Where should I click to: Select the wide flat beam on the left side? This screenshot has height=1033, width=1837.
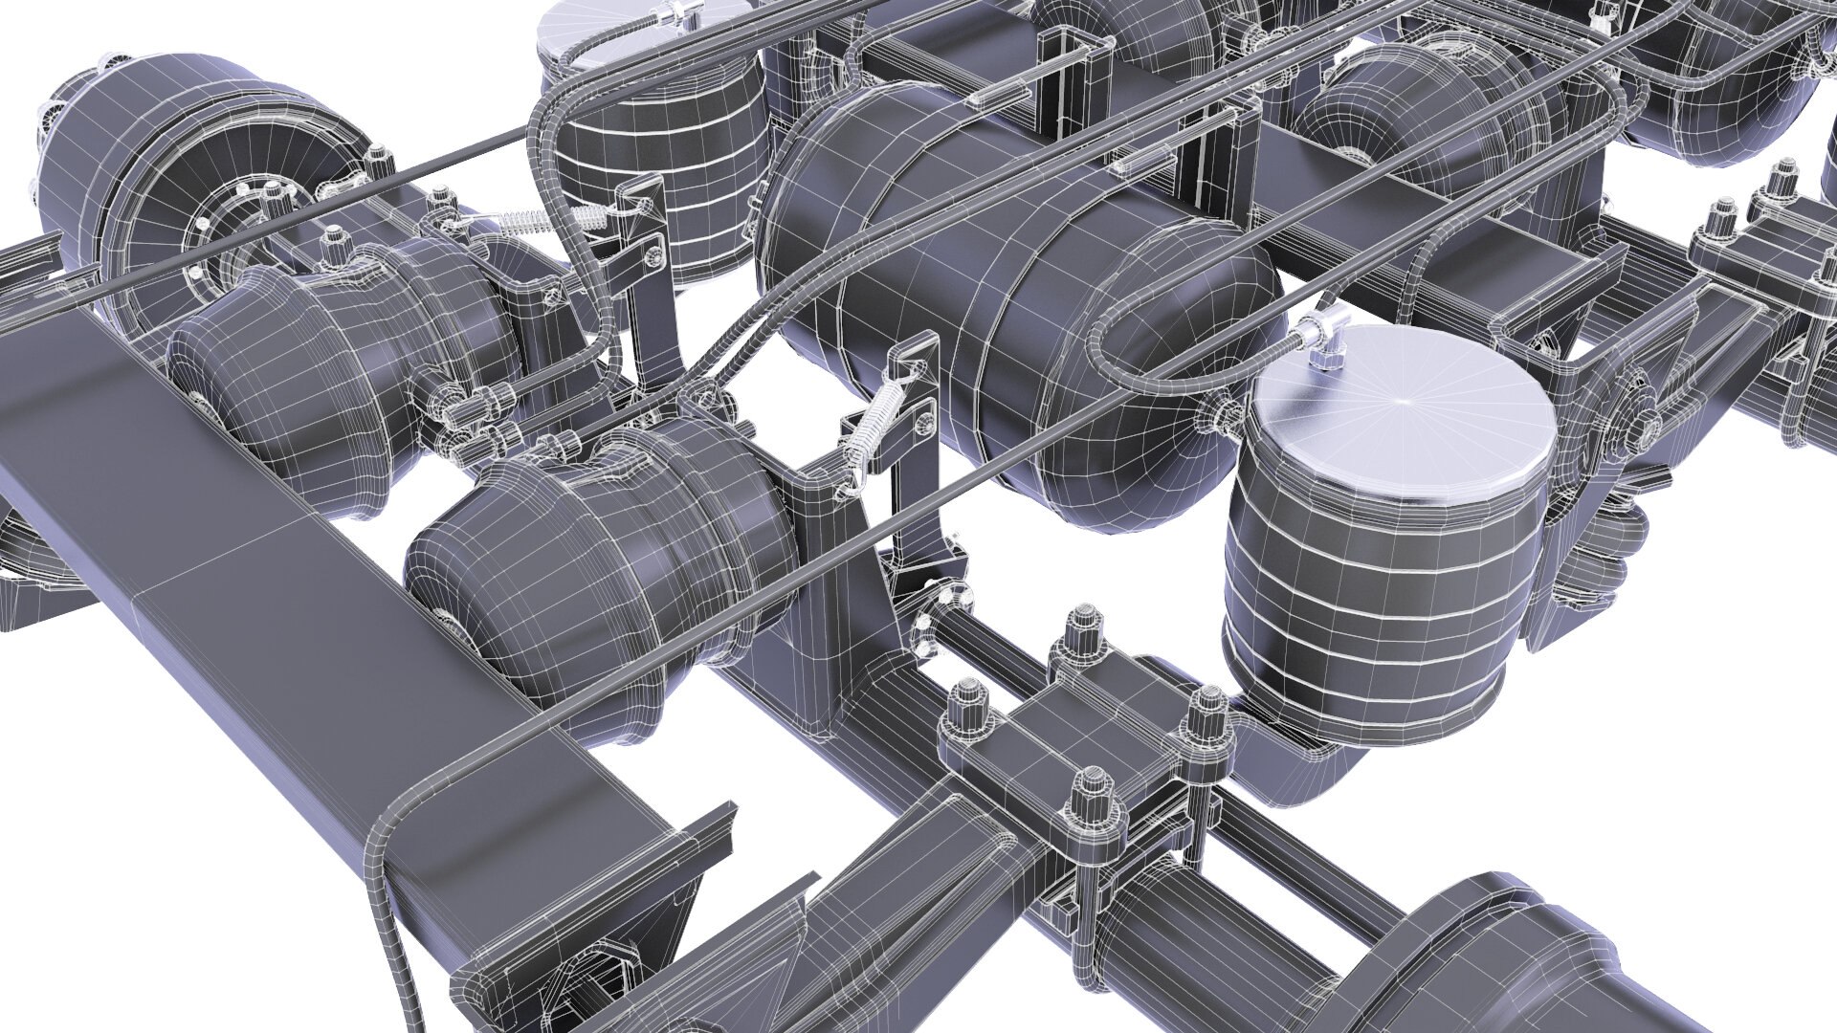click(x=287, y=593)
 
